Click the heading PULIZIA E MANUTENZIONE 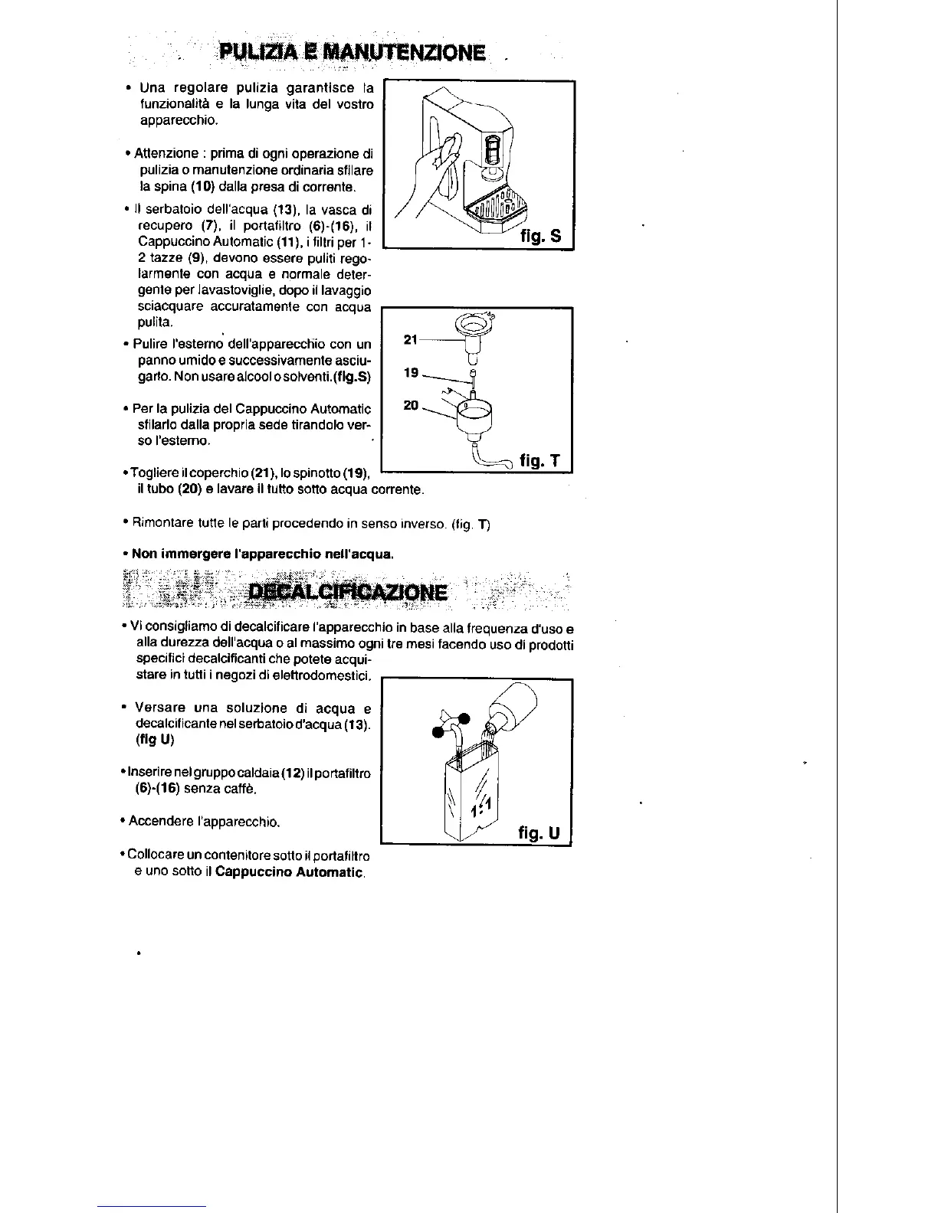[x=352, y=52]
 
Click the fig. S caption [x=540, y=236]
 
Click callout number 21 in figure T [x=409, y=338]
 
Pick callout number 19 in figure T [x=411, y=372]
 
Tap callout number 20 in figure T [x=411, y=405]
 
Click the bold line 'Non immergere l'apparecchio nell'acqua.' [x=263, y=553]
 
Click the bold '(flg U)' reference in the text [x=156, y=740]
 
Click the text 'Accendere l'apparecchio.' [x=204, y=822]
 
